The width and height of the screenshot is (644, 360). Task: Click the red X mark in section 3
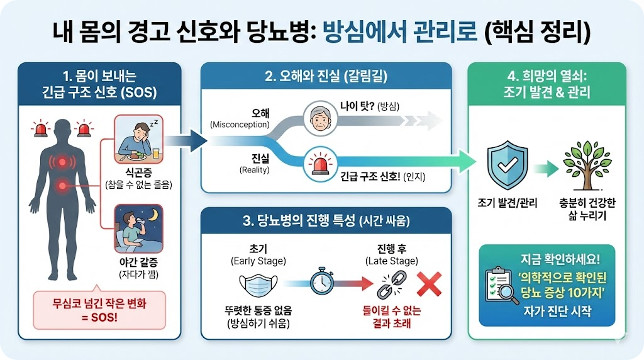430,284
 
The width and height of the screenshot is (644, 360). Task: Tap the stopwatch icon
322,282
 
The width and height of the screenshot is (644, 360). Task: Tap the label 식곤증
138,173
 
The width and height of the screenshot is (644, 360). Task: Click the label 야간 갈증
138,262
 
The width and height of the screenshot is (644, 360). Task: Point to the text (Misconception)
240,125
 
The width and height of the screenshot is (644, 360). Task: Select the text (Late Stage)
390,261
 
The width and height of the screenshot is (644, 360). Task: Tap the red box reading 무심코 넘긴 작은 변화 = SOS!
99,309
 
